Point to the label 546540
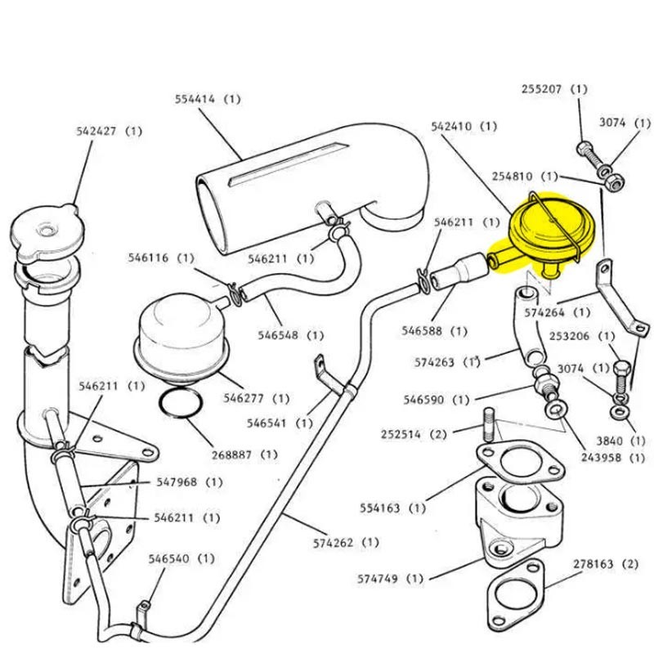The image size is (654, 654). click(x=172, y=559)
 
